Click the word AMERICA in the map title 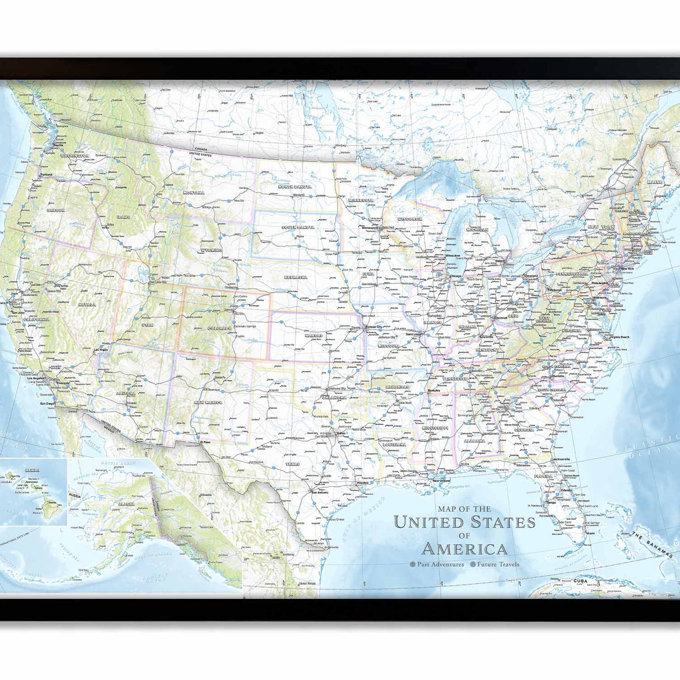(464, 549)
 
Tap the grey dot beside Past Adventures (413, 564)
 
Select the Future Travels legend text (498, 564)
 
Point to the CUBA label (580, 581)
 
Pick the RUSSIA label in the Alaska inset (75, 495)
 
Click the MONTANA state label (193, 193)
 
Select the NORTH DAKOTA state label (295, 186)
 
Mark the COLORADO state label (219, 328)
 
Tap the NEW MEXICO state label (208, 402)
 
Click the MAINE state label (654, 182)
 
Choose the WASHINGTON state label (74, 155)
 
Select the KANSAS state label (313, 335)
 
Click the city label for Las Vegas (100, 350)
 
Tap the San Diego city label (48, 403)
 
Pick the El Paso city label (205, 441)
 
